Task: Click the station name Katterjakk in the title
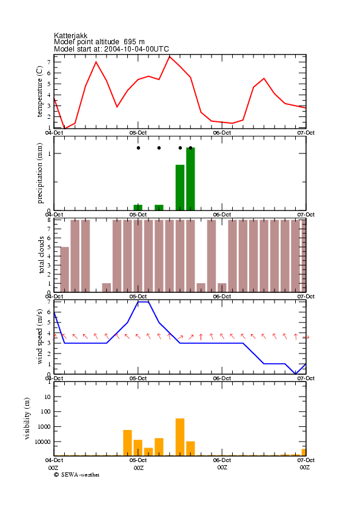[70, 36]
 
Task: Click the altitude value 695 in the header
[130, 42]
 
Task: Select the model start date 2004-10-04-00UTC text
[136, 49]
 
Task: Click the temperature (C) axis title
[39, 92]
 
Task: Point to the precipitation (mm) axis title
[39, 173]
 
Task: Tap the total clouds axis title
[41, 255]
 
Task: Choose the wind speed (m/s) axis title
[39, 337]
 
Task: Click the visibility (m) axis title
[27, 418]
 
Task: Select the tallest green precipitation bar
[190, 179]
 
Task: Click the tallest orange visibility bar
[180, 437]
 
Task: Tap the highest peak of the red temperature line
[170, 56]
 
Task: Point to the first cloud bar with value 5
[65, 269]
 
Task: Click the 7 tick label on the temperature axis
[48, 62]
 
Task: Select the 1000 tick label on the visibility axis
[44, 427]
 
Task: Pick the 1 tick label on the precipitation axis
[49, 153]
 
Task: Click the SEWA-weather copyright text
[77, 475]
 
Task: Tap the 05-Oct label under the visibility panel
[138, 460]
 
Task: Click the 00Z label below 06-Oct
[222, 468]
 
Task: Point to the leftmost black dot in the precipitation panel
[139, 148]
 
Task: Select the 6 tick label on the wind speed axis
[48, 312]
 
